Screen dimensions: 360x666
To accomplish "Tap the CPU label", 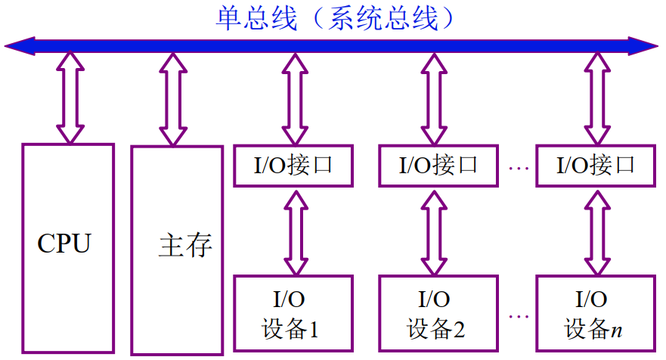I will click(x=64, y=244).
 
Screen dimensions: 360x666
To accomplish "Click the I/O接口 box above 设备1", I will click(x=293, y=166).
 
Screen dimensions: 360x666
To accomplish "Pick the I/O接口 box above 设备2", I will click(x=438, y=166).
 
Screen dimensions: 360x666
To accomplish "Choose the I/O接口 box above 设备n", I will click(x=596, y=166).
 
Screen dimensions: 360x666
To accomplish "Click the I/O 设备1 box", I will click(x=293, y=312).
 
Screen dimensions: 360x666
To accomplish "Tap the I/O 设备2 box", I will click(x=437, y=312).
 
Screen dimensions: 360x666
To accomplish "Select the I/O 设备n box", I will click(x=596, y=312).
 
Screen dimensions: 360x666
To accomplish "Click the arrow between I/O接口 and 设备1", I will click(x=293, y=231).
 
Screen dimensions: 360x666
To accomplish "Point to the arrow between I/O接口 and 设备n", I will click(x=597, y=231).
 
